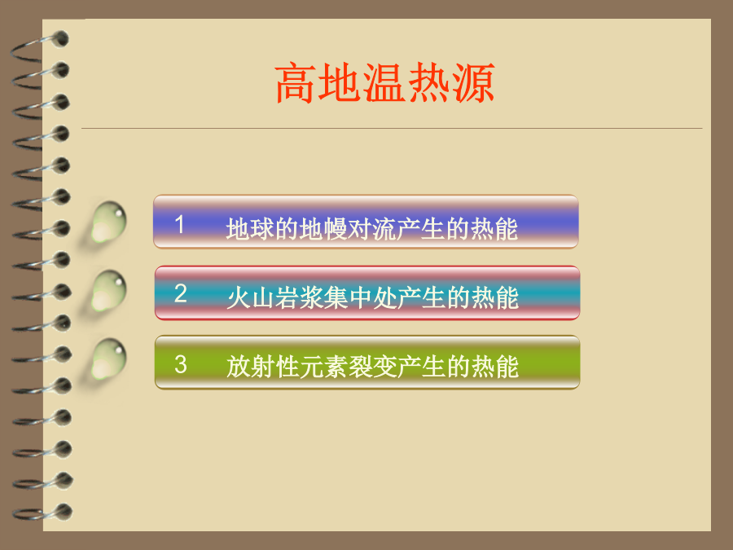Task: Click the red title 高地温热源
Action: click(x=384, y=83)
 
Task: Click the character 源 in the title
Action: click(x=473, y=83)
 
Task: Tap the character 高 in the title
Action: click(x=295, y=83)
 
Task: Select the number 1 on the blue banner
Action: click(x=179, y=224)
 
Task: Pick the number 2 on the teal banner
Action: click(x=181, y=293)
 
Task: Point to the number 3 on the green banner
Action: click(x=181, y=364)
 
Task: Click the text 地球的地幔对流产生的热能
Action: click(x=371, y=229)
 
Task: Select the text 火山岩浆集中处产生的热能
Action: click(x=372, y=298)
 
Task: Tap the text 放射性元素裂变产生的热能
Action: click(x=372, y=366)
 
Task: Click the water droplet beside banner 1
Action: click(x=108, y=222)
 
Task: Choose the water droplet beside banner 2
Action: click(x=109, y=291)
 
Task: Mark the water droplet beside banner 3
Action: click(x=109, y=359)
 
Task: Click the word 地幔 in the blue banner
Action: click(x=323, y=229)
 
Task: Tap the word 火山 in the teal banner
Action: click(x=251, y=298)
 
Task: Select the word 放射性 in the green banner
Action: click(x=263, y=366)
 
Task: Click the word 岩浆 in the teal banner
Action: click(x=299, y=298)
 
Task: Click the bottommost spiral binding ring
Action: click(x=42, y=513)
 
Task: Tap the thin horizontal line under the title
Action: click(x=392, y=128)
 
